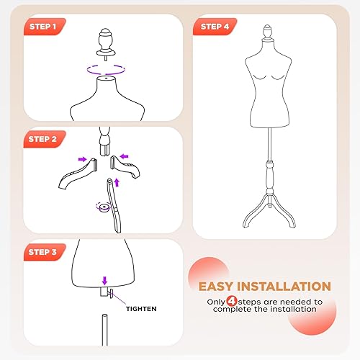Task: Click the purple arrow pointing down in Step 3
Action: (105, 282)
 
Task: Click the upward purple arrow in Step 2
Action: (118, 183)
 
